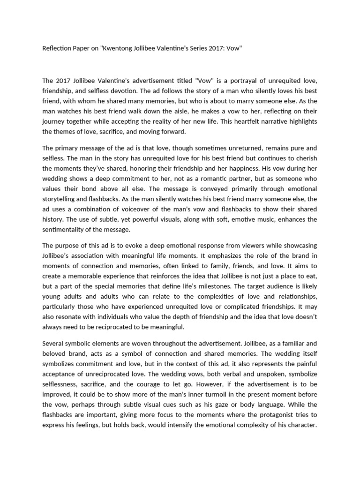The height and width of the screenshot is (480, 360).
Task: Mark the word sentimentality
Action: [x=66, y=230]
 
